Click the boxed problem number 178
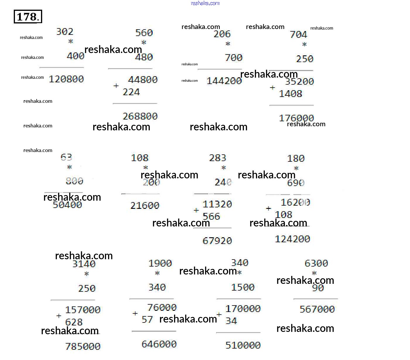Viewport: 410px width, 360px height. click(x=28, y=16)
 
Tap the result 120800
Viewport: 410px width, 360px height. click(x=66, y=79)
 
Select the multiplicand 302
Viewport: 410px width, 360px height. click(x=65, y=31)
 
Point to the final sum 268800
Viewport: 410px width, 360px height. click(x=140, y=116)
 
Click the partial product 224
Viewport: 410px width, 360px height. click(x=131, y=92)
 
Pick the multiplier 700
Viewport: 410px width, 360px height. click(x=233, y=57)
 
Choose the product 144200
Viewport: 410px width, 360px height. click(x=224, y=81)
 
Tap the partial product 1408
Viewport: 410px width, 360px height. click(x=290, y=94)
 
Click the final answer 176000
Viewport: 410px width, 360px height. click(x=296, y=118)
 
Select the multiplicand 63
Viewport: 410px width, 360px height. click(x=66, y=157)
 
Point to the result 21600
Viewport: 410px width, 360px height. click(x=145, y=205)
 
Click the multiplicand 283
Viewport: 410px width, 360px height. click(x=218, y=158)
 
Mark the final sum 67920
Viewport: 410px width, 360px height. click(x=217, y=241)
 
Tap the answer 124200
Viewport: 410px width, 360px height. click(x=292, y=239)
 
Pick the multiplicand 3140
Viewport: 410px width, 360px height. click(x=84, y=264)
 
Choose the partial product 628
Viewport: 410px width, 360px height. click(x=74, y=322)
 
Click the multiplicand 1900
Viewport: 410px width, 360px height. click(x=160, y=263)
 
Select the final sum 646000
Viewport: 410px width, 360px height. click(x=159, y=344)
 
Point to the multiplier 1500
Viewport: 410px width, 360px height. click(x=243, y=287)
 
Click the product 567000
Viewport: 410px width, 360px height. click(x=317, y=309)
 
